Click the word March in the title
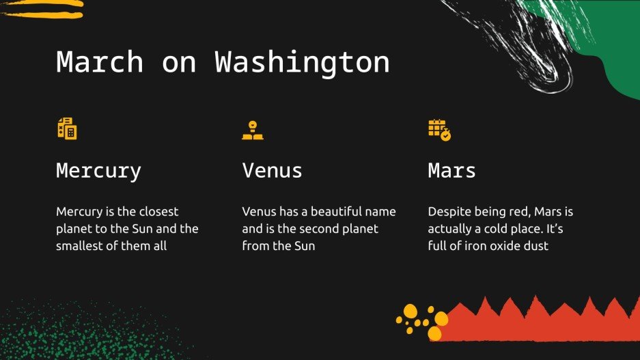point(100,62)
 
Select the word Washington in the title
point(302,62)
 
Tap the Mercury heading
point(98,171)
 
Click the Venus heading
point(272,171)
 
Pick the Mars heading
point(451,171)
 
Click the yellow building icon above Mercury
point(67,128)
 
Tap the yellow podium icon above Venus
point(253,130)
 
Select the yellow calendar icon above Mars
point(439,129)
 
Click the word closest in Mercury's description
point(155,212)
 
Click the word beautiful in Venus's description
point(328,212)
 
